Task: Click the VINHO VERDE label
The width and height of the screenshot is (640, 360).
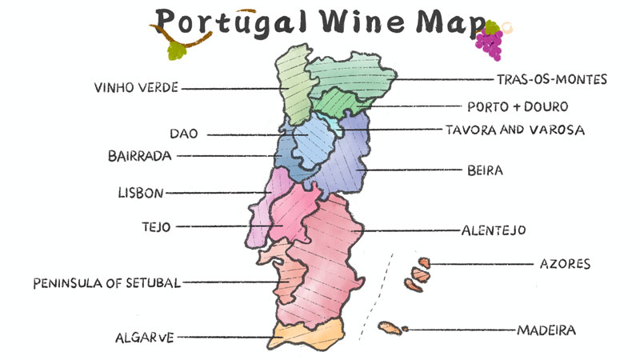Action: point(135,87)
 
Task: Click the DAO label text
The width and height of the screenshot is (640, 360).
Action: point(183,134)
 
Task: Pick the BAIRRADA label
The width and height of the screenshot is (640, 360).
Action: point(139,156)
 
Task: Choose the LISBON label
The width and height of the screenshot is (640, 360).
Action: point(140,193)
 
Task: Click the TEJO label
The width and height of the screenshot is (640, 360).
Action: point(155,226)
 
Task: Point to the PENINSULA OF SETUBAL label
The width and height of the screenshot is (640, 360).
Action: point(106,282)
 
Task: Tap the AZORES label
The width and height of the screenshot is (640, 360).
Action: point(565,263)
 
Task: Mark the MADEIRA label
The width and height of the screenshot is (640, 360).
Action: point(546,329)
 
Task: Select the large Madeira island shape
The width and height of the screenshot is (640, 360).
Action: point(390,328)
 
